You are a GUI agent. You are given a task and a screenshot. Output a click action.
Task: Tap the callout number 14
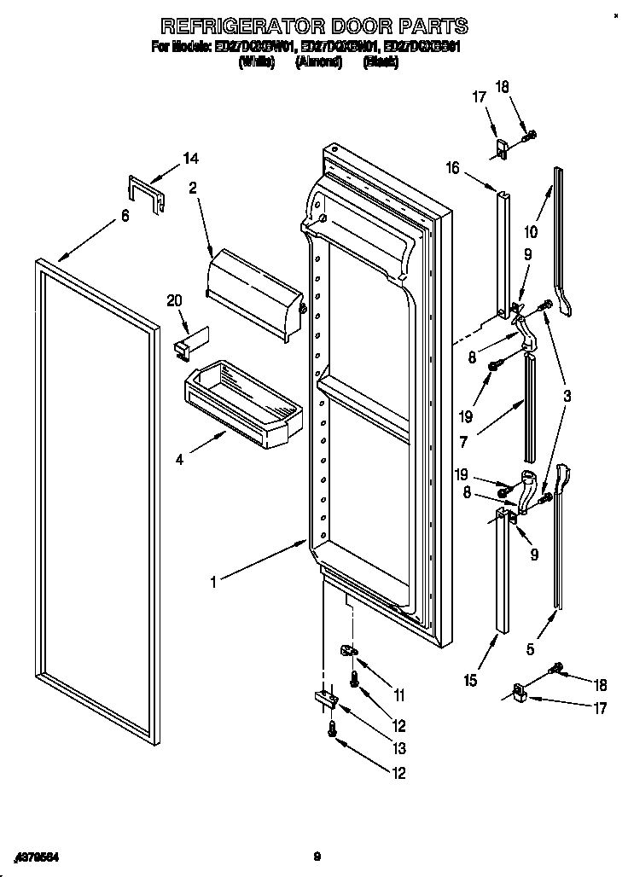190,158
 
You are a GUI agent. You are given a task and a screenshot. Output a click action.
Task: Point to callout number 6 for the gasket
125,216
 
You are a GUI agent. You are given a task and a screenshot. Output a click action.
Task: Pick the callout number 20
175,299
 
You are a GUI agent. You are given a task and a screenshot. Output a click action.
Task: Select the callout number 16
452,168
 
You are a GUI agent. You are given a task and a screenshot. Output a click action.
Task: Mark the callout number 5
532,648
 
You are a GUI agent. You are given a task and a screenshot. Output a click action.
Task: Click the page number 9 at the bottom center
315,857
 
